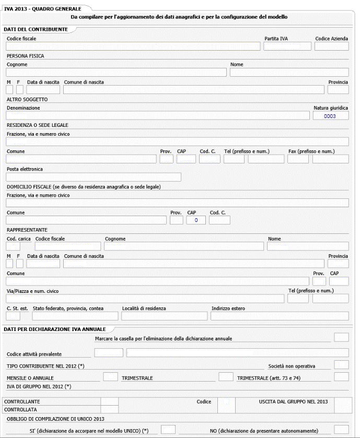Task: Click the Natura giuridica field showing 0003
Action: click(x=331, y=116)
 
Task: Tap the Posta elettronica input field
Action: click(x=94, y=177)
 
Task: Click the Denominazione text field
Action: click(x=157, y=116)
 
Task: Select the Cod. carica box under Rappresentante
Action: click(x=14, y=246)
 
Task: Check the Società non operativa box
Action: click(x=341, y=364)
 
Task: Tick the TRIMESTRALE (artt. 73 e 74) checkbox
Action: click(x=341, y=377)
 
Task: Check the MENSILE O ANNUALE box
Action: click(x=110, y=377)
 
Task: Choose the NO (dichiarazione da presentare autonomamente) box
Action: click(x=341, y=429)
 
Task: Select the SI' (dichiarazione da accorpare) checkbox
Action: click(x=168, y=429)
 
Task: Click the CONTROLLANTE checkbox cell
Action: click(x=109, y=401)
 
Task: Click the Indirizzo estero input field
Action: click(x=280, y=316)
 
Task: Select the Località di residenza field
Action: click(x=164, y=316)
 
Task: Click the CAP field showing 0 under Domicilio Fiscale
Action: click(x=196, y=220)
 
